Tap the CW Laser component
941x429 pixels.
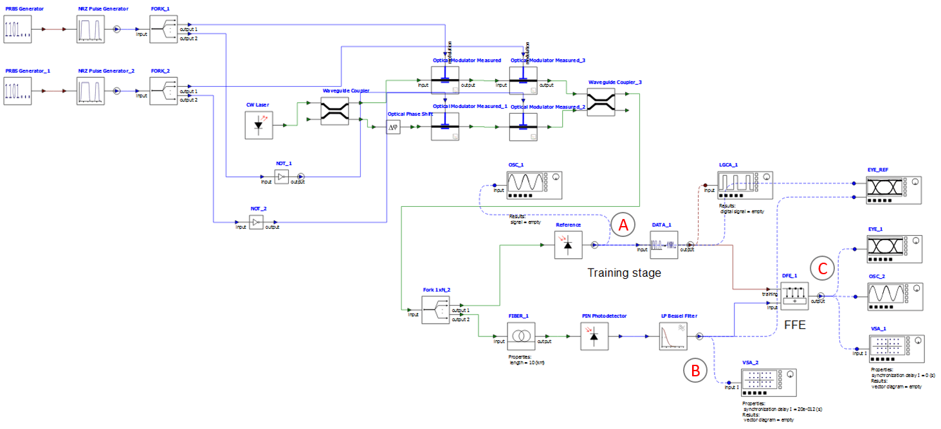coord(259,125)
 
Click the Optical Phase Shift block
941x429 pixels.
coord(394,128)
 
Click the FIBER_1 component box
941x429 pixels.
coord(521,336)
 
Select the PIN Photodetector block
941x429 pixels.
coord(594,336)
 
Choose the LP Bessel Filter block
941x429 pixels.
coord(673,336)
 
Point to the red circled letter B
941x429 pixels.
coord(695,369)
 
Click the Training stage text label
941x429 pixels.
coord(624,273)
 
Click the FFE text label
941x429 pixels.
coord(795,325)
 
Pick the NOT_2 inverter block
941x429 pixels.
coord(257,223)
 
